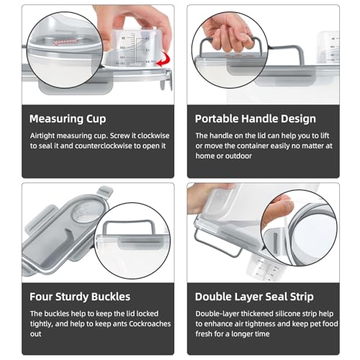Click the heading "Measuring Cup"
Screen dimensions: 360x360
(68, 119)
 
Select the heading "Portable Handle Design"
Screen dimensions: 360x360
(256, 119)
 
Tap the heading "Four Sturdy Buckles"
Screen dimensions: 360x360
(80, 297)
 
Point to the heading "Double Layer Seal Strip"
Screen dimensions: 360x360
(254, 297)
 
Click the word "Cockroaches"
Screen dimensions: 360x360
(150, 324)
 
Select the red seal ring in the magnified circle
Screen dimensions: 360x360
(66, 42)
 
